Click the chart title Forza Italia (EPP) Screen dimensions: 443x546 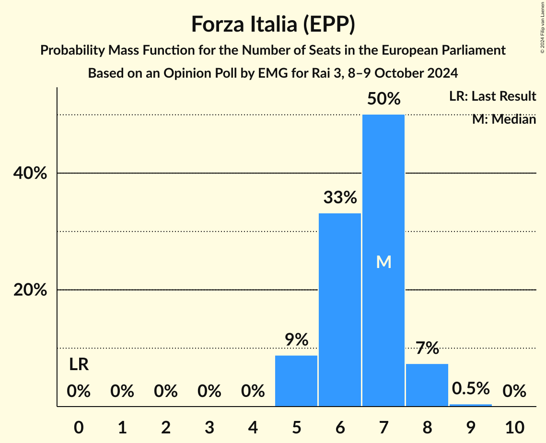[273, 24]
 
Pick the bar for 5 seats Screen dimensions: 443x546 [296, 381]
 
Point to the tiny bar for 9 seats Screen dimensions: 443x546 [471, 405]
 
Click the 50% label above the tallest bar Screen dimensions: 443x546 [383, 99]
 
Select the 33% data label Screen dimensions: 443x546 [340, 197]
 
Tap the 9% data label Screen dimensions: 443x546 [296, 339]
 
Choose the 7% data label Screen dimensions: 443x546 [427, 348]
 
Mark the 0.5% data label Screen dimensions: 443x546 [471, 388]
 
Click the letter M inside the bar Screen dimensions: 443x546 [383, 262]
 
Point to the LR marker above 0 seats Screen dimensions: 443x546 [79, 365]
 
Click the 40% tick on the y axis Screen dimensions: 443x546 [30, 174]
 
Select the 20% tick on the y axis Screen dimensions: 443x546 [30, 291]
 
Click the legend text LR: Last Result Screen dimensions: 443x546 [492, 96]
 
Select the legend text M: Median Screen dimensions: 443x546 [504, 119]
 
